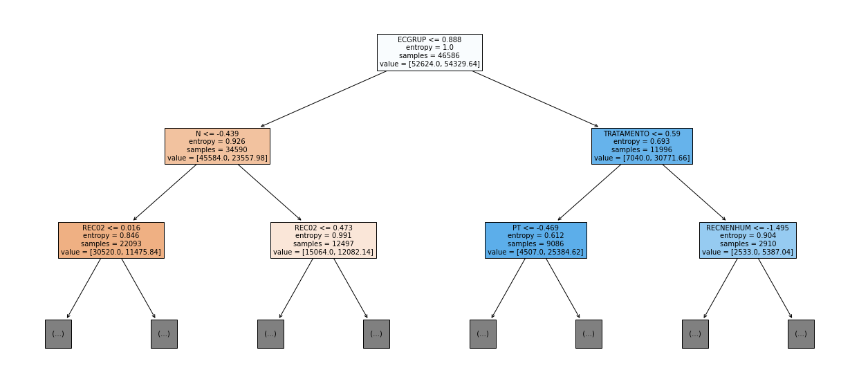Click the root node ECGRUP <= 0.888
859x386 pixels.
point(429,53)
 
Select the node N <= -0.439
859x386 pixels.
point(217,146)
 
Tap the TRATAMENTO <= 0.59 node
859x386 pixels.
point(642,146)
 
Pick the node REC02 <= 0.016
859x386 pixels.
point(111,240)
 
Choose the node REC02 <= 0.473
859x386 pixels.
point(324,240)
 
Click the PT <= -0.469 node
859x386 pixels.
point(536,240)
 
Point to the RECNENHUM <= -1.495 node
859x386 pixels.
point(748,240)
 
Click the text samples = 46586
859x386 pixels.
point(429,55)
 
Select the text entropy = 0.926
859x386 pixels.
point(217,142)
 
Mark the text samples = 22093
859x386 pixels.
point(111,243)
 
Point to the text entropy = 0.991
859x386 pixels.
point(323,236)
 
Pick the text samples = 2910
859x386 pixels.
point(748,243)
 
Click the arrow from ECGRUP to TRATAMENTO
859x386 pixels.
point(535,99)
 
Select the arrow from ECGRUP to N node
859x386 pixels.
point(323,99)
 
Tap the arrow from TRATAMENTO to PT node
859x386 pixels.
point(589,192)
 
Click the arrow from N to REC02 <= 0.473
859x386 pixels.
point(270,192)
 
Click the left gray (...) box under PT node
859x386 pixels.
point(483,334)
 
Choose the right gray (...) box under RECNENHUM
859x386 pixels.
point(801,334)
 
